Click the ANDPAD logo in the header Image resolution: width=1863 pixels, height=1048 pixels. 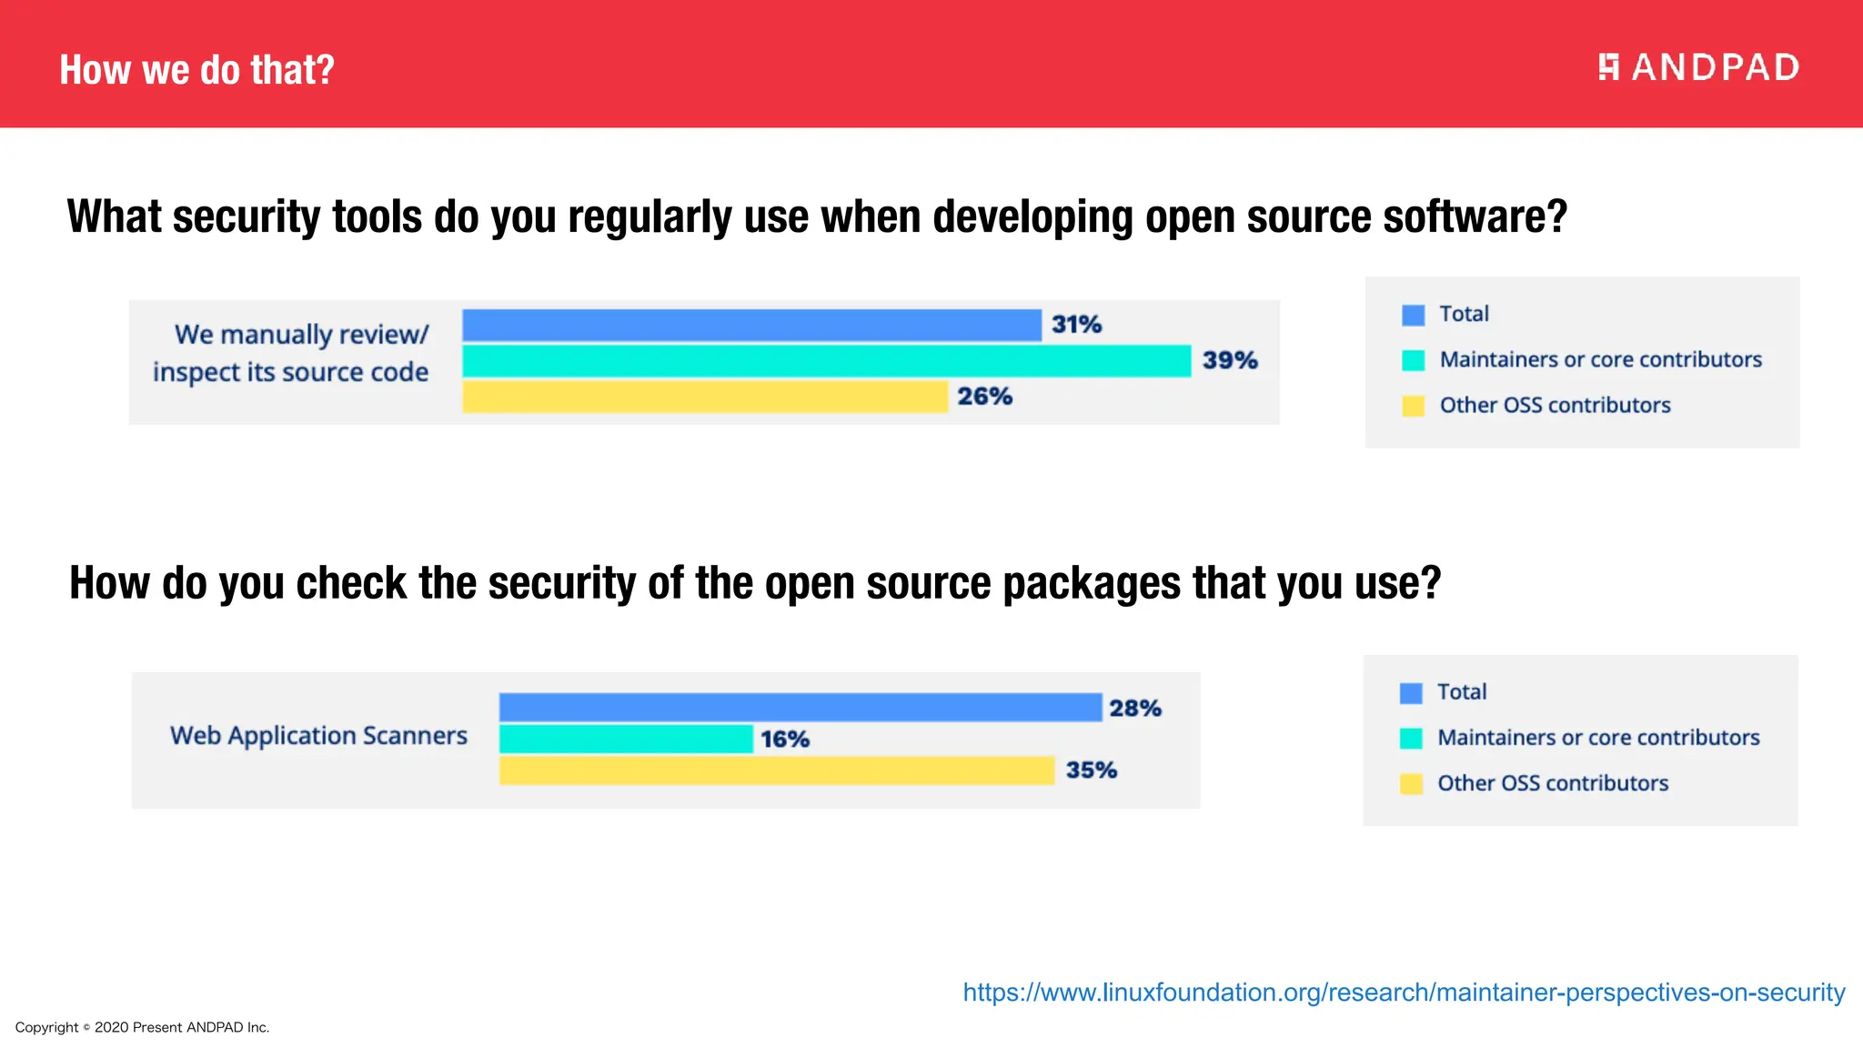(x=1698, y=67)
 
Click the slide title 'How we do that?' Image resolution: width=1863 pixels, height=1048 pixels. (x=196, y=70)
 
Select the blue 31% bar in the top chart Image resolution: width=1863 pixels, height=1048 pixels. (x=751, y=325)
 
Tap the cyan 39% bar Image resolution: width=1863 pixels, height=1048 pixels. (x=826, y=360)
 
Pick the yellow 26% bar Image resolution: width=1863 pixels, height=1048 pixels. (x=705, y=397)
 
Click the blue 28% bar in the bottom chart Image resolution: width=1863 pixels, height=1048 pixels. (x=801, y=707)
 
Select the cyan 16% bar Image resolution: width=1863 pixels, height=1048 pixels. (x=626, y=739)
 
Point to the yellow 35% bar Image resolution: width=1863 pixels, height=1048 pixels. (x=776, y=770)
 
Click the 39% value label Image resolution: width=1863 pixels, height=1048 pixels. (x=1230, y=360)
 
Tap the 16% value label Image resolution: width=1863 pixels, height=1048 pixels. (x=785, y=739)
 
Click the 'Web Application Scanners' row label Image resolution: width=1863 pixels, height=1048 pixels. (x=318, y=735)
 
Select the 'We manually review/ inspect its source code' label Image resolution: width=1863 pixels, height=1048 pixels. (x=291, y=353)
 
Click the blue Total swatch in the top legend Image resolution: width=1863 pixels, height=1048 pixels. (x=1413, y=315)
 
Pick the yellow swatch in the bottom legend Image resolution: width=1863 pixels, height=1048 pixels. (x=1411, y=783)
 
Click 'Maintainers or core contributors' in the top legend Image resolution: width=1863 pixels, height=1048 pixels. (x=1600, y=359)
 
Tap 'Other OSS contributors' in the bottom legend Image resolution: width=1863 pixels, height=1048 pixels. (x=1553, y=783)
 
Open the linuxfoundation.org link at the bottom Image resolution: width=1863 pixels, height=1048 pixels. (x=1404, y=992)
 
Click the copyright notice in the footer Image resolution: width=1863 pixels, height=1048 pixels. (x=142, y=1027)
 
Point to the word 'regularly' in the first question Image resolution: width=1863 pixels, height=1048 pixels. (x=650, y=217)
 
